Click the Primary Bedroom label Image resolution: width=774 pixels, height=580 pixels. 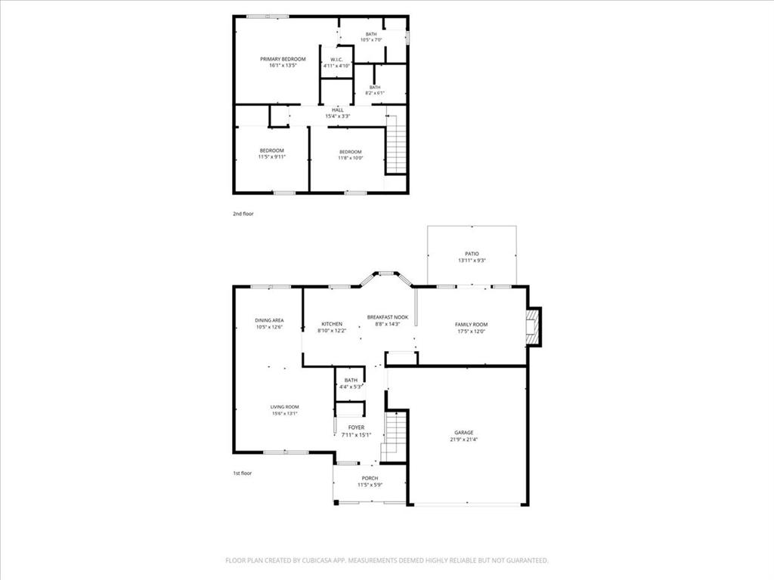click(283, 59)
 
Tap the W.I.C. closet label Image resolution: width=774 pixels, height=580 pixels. click(336, 60)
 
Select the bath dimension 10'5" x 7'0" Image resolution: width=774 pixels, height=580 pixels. click(371, 39)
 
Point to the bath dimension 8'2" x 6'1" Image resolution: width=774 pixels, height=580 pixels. click(375, 94)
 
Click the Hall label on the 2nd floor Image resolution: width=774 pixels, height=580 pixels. click(337, 110)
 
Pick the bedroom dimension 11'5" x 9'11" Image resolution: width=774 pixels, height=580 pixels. click(271, 157)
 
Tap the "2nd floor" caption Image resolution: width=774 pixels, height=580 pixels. click(243, 214)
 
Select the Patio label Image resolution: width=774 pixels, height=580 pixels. click(472, 254)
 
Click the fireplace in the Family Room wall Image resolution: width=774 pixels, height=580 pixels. click(534, 326)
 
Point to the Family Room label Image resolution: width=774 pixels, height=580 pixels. click(471, 325)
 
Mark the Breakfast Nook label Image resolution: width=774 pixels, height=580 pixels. click(388, 317)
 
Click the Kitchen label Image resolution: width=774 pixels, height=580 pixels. click(332, 324)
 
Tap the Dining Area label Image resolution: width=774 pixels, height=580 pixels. click(269, 320)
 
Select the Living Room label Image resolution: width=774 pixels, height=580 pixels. click(285, 407)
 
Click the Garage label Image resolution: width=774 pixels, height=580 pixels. click(464, 433)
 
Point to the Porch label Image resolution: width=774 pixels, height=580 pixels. click(370, 478)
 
